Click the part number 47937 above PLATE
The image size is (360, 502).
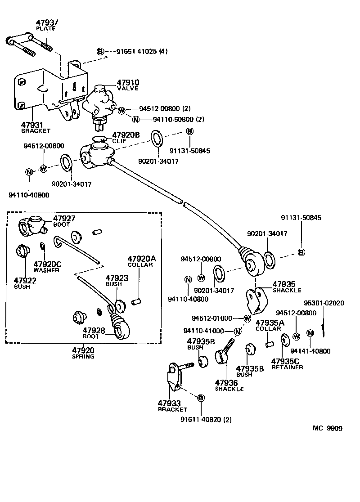[x=46, y=22]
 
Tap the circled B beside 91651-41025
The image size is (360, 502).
[x=100, y=51]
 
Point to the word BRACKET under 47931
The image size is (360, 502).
[x=36, y=131]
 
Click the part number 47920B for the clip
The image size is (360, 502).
[x=126, y=135]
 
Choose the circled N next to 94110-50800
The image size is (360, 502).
[x=136, y=119]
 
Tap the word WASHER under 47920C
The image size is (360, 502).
[x=46, y=270]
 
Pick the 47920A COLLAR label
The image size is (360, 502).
[x=141, y=261]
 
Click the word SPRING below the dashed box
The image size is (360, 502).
[x=83, y=356]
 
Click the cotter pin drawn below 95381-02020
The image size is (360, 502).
[x=324, y=330]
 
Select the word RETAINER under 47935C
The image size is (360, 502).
[x=287, y=367]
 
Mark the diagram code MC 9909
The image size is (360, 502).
[x=327, y=428]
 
